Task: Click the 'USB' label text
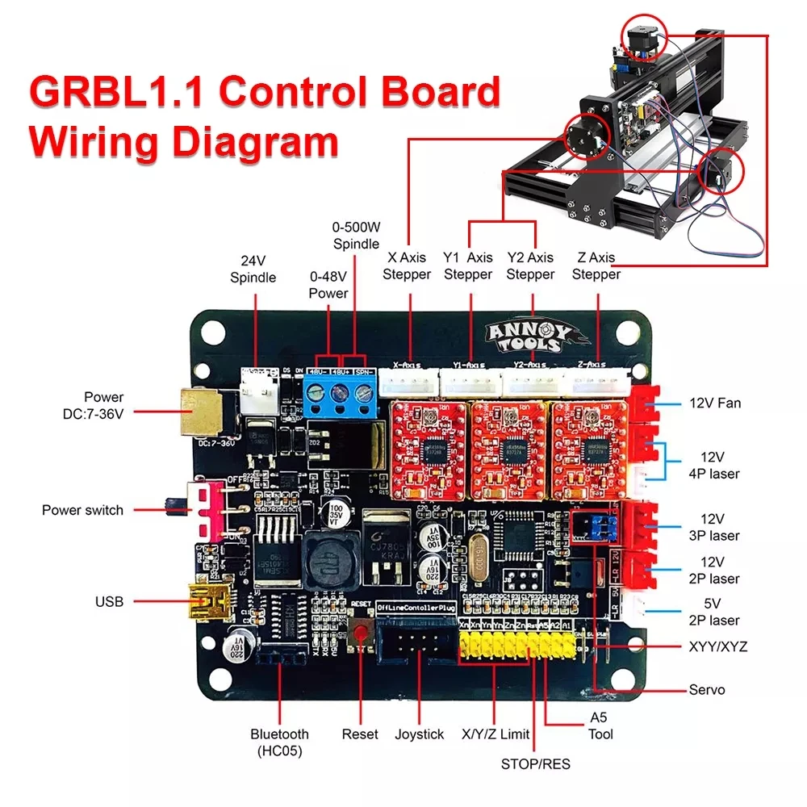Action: coord(109,601)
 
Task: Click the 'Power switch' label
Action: coord(83,510)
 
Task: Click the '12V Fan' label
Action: coord(716,403)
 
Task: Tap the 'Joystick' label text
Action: coord(420,734)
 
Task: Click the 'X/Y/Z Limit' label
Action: coord(495,734)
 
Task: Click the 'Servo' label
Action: coord(707,690)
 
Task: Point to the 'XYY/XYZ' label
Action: coord(718,646)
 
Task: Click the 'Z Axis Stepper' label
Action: coord(596,266)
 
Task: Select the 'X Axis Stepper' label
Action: coord(407,266)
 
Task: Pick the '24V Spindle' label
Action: coord(253,270)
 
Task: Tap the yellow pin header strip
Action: coord(516,646)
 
